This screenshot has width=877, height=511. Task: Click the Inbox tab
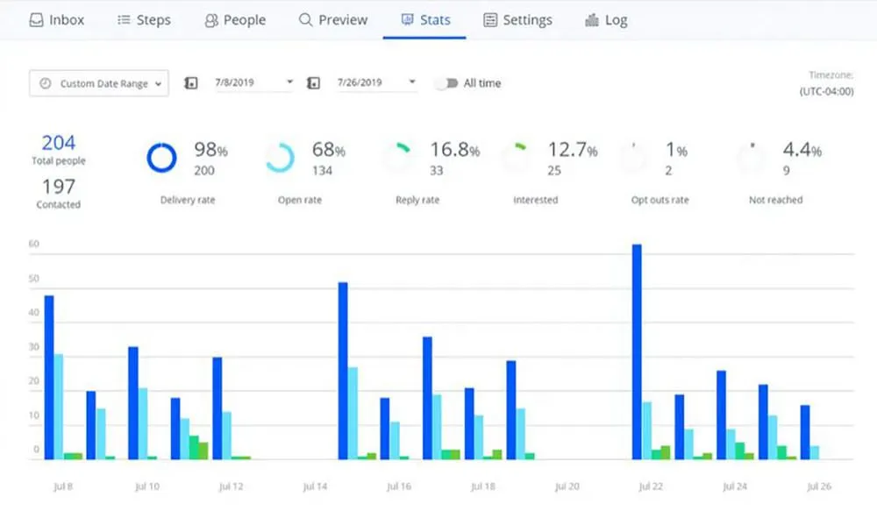pyautogui.click(x=57, y=19)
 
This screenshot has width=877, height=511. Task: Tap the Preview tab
pyautogui.click(x=333, y=19)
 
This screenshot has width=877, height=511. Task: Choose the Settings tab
pyautogui.click(x=517, y=19)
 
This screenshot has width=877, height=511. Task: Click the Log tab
pyautogui.click(x=605, y=19)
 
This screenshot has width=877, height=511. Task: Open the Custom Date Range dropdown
pyautogui.click(x=98, y=83)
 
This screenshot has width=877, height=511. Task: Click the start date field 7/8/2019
pyautogui.click(x=249, y=83)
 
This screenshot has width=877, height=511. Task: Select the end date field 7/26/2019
pyautogui.click(x=373, y=83)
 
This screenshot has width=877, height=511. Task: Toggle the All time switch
pyautogui.click(x=448, y=83)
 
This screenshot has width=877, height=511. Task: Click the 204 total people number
pyautogui.click(x=59, y=143)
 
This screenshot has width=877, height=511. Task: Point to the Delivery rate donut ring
pyautogui.click(x=161, y=158)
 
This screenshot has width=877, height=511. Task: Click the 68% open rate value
pyautogui.click(x=328, y=151)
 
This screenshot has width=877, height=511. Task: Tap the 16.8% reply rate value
pyautogui.click(x=454, y=151)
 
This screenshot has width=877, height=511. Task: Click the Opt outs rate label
pyautogui.click(x=660, y=200)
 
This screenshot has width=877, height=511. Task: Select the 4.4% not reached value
pyautogui.click(x=802, y=151)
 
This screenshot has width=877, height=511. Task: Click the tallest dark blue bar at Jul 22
pyautogui.click(x=637, y=351)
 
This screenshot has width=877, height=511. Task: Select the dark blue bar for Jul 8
pyautogui.click(x=49, y=377)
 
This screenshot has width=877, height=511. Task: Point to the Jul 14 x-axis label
pyautogui.click(x=314, y=486)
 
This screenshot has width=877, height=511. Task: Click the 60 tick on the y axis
pyautogui.click(x=33, y=245)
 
